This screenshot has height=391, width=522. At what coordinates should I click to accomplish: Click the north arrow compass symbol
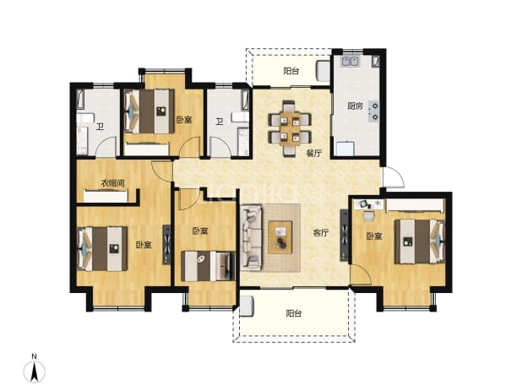pyautogui.click(x=34, y=369)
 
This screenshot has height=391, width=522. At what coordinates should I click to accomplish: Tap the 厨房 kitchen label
pyautogui.click(x=355, y=106)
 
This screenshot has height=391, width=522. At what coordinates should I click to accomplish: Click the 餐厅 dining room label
pyautogui.click(x=313, y=154)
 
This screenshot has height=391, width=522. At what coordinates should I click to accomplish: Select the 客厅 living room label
pyautogui.click(x=321, y=233)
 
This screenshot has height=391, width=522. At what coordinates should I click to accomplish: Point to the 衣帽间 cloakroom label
pyautogui.click(x=113, y=183)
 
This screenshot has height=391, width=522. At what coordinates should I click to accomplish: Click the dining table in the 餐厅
pyautogui.click(x=290, y=128)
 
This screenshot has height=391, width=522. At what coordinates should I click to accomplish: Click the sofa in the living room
pyautogui.click(x=252, y=237)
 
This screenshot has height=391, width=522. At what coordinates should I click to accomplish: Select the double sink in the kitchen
pyautogui.click(x=351, y=62)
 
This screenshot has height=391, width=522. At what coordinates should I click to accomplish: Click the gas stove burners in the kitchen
pyautogui.click(x=373, y=111)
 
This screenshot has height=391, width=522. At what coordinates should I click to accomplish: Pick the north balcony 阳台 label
pyautogui.click(x=291, y=71)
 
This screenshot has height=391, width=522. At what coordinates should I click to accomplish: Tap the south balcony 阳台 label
pyautogui.click(x=294, y=313)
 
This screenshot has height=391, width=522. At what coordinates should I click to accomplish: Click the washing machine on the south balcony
pyautogui.click(x=247, y=307)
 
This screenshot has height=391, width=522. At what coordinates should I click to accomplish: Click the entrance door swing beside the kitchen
pyautogui.click(x=393, y=176)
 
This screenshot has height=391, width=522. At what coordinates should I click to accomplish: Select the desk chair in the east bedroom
pyautogui.click(x=368, y=216)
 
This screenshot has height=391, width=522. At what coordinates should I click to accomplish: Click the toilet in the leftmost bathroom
pyautogui.click(x=85, y=118)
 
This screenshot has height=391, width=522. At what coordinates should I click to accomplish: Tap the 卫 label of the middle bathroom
pyautogui.click(x=219, y=122)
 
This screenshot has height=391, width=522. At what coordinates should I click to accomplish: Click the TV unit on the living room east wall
pyautogui.click(x=345, y=235)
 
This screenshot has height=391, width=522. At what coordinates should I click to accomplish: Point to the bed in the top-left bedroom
pyautogui.click(x=150, y=111)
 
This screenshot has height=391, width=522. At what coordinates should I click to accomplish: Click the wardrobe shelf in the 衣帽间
pyautogui.click(x=106, y=196)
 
